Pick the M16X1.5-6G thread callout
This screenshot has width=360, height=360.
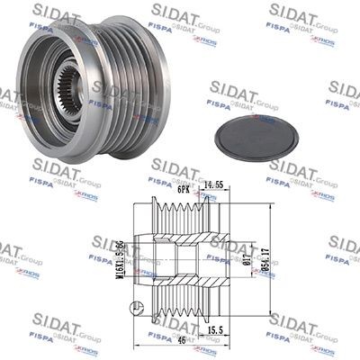pyautogui.click(x=121, y=261)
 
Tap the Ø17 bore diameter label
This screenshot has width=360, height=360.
pyautogui.click(x=245, y=262)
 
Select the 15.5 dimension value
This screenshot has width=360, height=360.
pyautogui.click(x=213, y=331)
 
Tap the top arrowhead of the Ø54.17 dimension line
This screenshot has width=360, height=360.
pyautogui.click(x=271, y=205)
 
